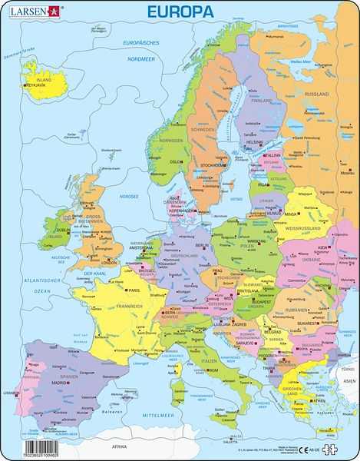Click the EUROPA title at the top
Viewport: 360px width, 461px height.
[180, 12]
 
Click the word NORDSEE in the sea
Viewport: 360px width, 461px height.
[129, 196]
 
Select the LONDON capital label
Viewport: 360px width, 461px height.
[108, 262]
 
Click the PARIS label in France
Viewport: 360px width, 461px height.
[134, 290]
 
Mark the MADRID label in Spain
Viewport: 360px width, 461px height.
[59, 382]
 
